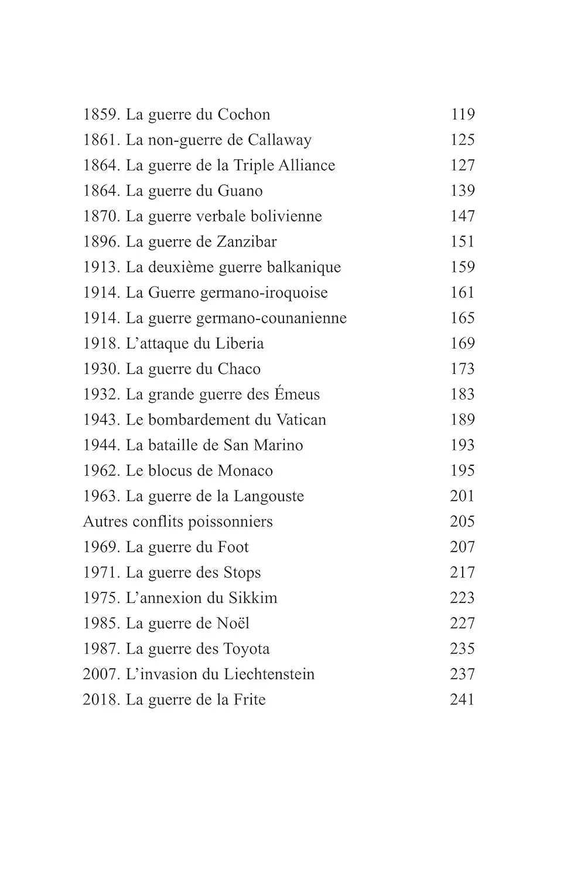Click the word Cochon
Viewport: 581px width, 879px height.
click(x=244, y=114)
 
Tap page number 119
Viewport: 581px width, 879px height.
click(x=462, y=114)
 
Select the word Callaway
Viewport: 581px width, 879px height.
click(x=279, y=140)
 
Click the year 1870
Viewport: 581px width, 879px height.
click(x=101, y=216)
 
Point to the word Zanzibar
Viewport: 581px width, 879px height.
click(x=247, y=241)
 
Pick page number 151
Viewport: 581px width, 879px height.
click(x=462, y=241)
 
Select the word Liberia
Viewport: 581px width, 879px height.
click(x=240, y=343)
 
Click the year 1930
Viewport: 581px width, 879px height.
click(x=101, y=369)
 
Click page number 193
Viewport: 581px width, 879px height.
click(x=462, y=445)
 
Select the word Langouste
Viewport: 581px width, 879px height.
click(x=269, y=496)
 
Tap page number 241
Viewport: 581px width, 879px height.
click(x=462, y=700)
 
